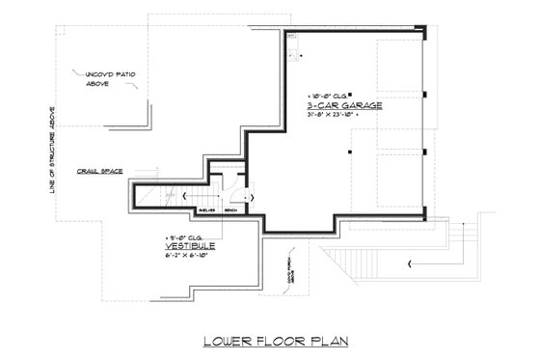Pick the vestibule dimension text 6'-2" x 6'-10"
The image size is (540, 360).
[x=189, y=257]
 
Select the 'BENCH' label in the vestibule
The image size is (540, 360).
[x=229, y=208]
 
